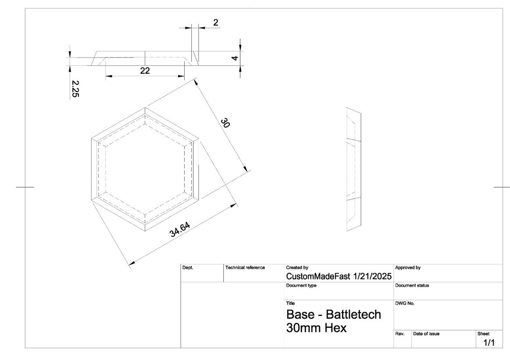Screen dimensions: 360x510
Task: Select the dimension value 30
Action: click(x=225, y=123)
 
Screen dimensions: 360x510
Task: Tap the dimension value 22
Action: click(x=145, y=71)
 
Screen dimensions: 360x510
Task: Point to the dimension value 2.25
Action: click(x=74, y=88)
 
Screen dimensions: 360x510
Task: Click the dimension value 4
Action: click(x=235, y=58)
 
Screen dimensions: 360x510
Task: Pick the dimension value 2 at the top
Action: click(x=216, y=22)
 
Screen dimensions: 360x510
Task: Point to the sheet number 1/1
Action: click(x=489, y=343)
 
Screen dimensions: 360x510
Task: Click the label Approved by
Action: click(x=407, y=267)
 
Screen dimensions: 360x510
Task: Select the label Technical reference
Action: click(x=245, y=267)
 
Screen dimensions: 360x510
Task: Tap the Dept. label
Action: click(x=188, y=267)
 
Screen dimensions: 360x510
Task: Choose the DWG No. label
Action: click(x=405, y=303)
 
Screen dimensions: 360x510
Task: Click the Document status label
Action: click(x=412, y=286)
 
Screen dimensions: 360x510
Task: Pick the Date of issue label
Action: click(x=426, y=333)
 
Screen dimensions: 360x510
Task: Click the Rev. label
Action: click(x=400, y=333)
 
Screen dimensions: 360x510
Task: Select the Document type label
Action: click(x=301, y=286)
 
